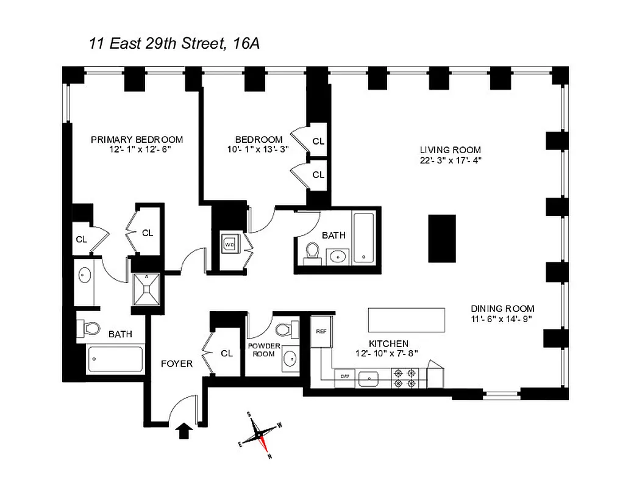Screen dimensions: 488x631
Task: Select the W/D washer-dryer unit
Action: [x=230, y=244]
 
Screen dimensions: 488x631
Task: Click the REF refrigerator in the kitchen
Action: [x=321, y=332]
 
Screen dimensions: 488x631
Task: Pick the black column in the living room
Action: [x=442, y=237]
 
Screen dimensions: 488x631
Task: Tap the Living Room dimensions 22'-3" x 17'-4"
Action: [x=450, y=160]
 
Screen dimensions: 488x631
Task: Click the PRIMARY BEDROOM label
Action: [x=137, y=139]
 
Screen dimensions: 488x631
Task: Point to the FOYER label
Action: [x=176, y=364]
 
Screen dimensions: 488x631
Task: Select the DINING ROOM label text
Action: [x=502, y=309]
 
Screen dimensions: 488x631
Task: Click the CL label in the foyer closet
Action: [x=227, y=353]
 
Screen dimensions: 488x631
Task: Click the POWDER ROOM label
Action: [x=264, y=350]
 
